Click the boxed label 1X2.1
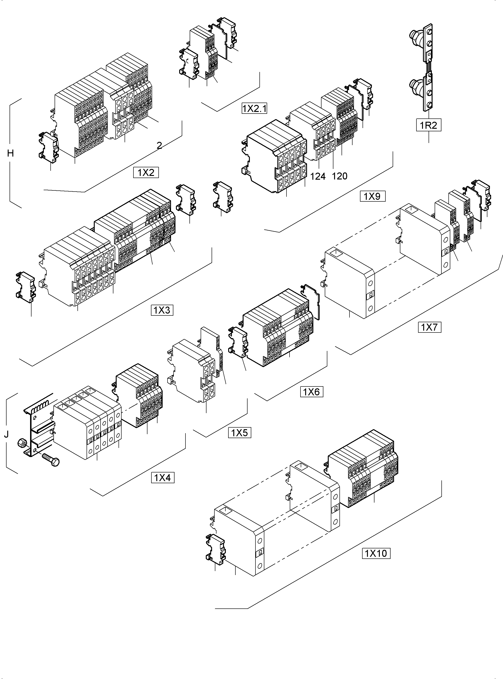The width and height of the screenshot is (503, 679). pyautogui.click(x=254, y=108)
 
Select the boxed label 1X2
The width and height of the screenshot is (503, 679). pyautogui.click(x=146, y=173)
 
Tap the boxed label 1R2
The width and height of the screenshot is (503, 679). pyautogui.click(x=428, y=125)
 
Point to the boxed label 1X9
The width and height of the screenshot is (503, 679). pyautogui.click(x=372, y=196)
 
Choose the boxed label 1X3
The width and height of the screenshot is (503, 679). pyautogui.click(x=162, y=310)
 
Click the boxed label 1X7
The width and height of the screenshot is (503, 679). pyautogui.click(x=429, y=327)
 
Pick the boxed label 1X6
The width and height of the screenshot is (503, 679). pyautogui.click(x=311, y=392)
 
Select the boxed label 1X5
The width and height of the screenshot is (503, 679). pyautogui.click(x=239, y=433)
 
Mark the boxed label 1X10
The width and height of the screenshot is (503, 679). pyautogui.click(x=376, y=553)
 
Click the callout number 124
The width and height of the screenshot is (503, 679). pyautogui.click(x=318, y=176)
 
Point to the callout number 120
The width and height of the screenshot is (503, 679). pyautogui.click(x=339, y=176)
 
